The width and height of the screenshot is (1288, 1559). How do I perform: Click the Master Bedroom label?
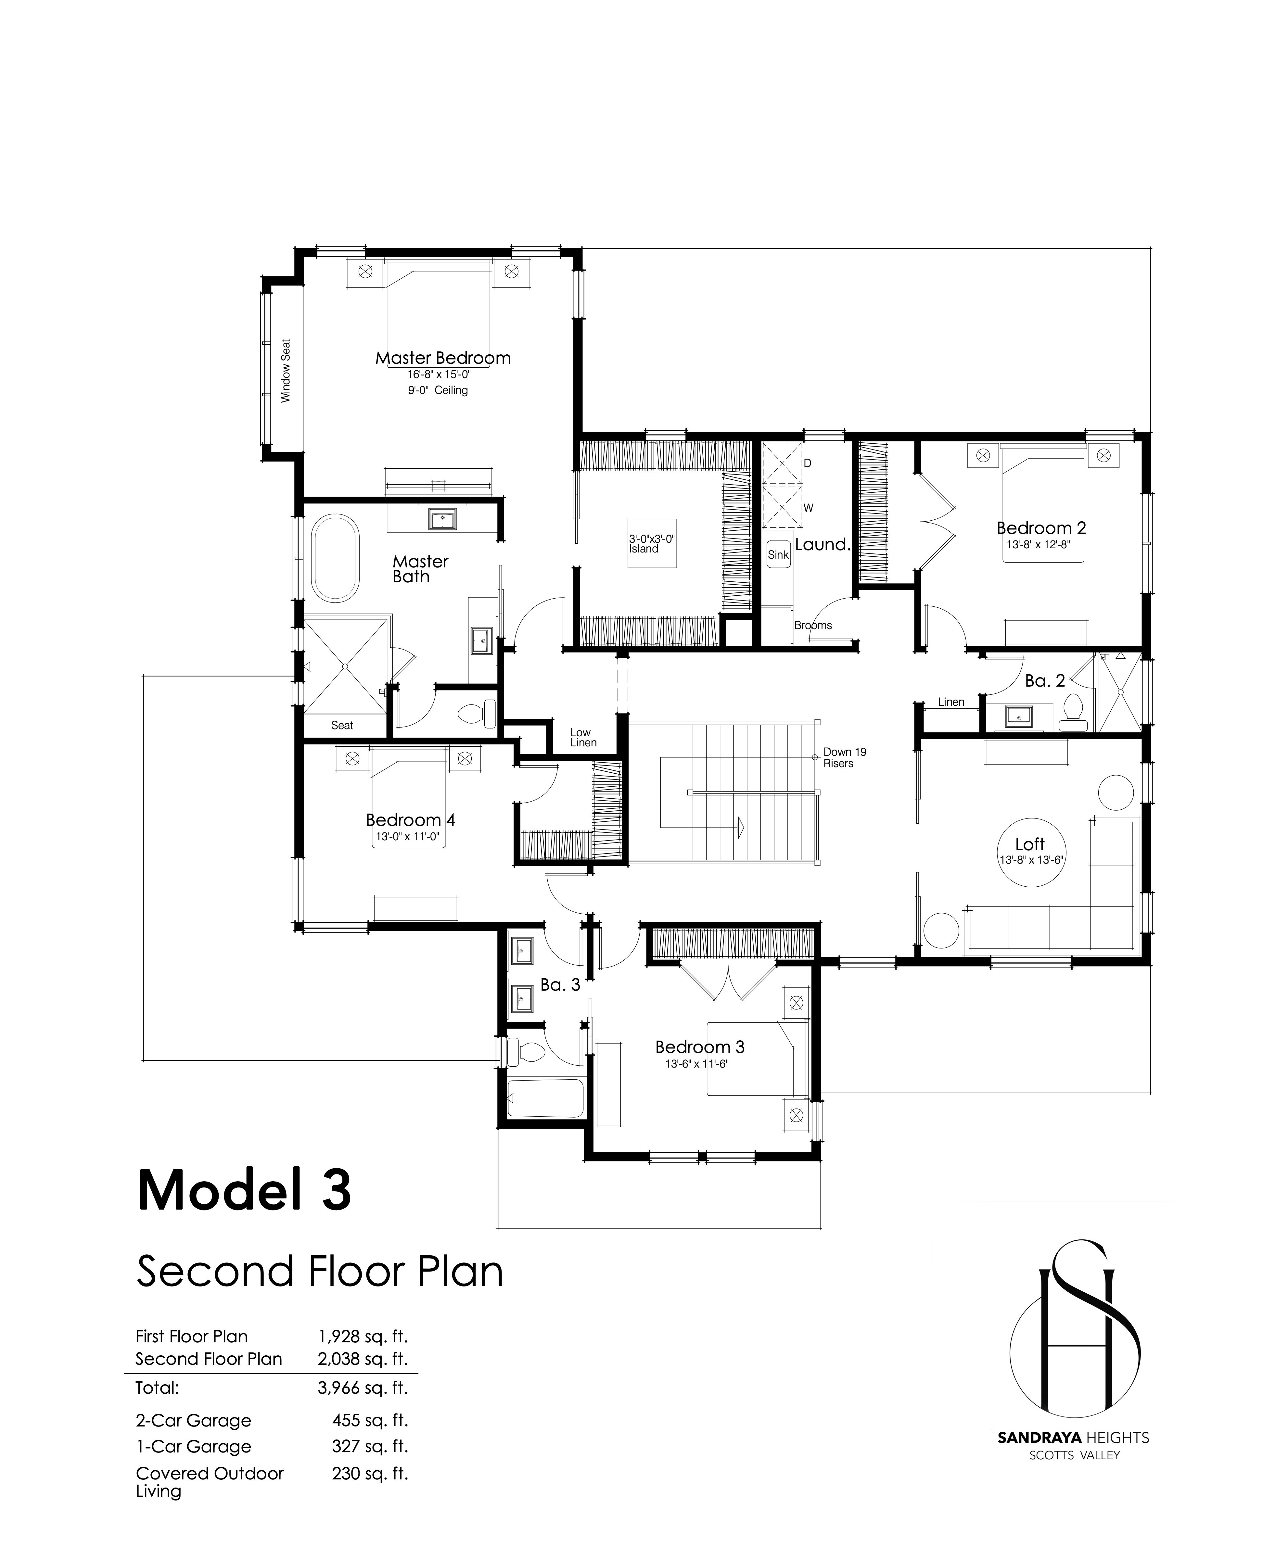[x=443, y=358]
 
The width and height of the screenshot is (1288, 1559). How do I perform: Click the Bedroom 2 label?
[x=1041, y=528]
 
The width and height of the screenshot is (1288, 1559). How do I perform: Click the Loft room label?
[x=1030, y=844]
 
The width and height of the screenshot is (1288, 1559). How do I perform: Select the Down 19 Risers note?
[x=844, y=757]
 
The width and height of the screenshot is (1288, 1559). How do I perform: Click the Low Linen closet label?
[x=583, y=737]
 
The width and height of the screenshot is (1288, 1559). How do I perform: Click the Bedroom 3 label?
[x=700, y=1047]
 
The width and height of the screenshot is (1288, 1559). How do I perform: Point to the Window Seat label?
[x=286, y=371]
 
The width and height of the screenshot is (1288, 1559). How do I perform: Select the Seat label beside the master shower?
[x=342, y=725]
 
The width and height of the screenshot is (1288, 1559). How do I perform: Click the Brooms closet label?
[x=813, y=625]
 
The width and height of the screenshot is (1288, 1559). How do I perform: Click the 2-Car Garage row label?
[x=194, y=1420]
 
